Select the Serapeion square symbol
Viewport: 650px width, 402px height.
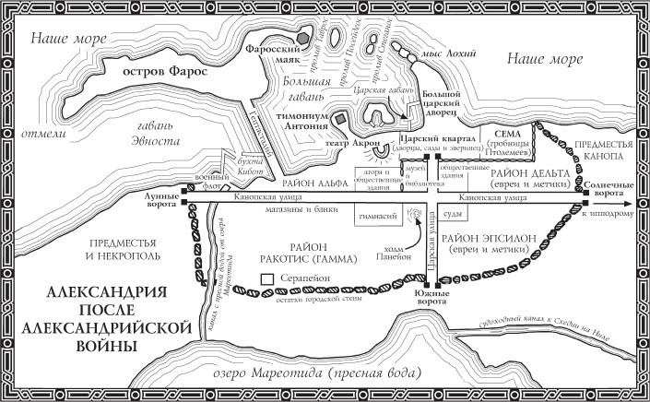tap(266, 278)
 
